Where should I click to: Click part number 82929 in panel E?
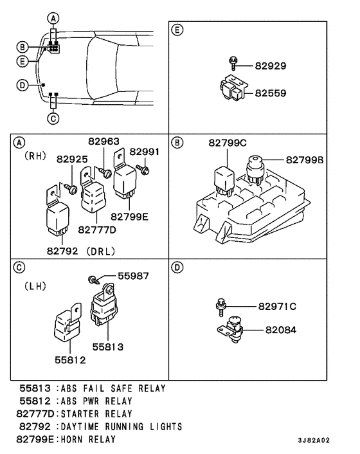270,66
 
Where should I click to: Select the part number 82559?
270,93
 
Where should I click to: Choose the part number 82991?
144,152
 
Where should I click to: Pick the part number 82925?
71,159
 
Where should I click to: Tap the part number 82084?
280,329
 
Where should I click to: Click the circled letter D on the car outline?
21,84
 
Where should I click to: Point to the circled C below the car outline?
54,118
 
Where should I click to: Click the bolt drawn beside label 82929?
233,62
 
